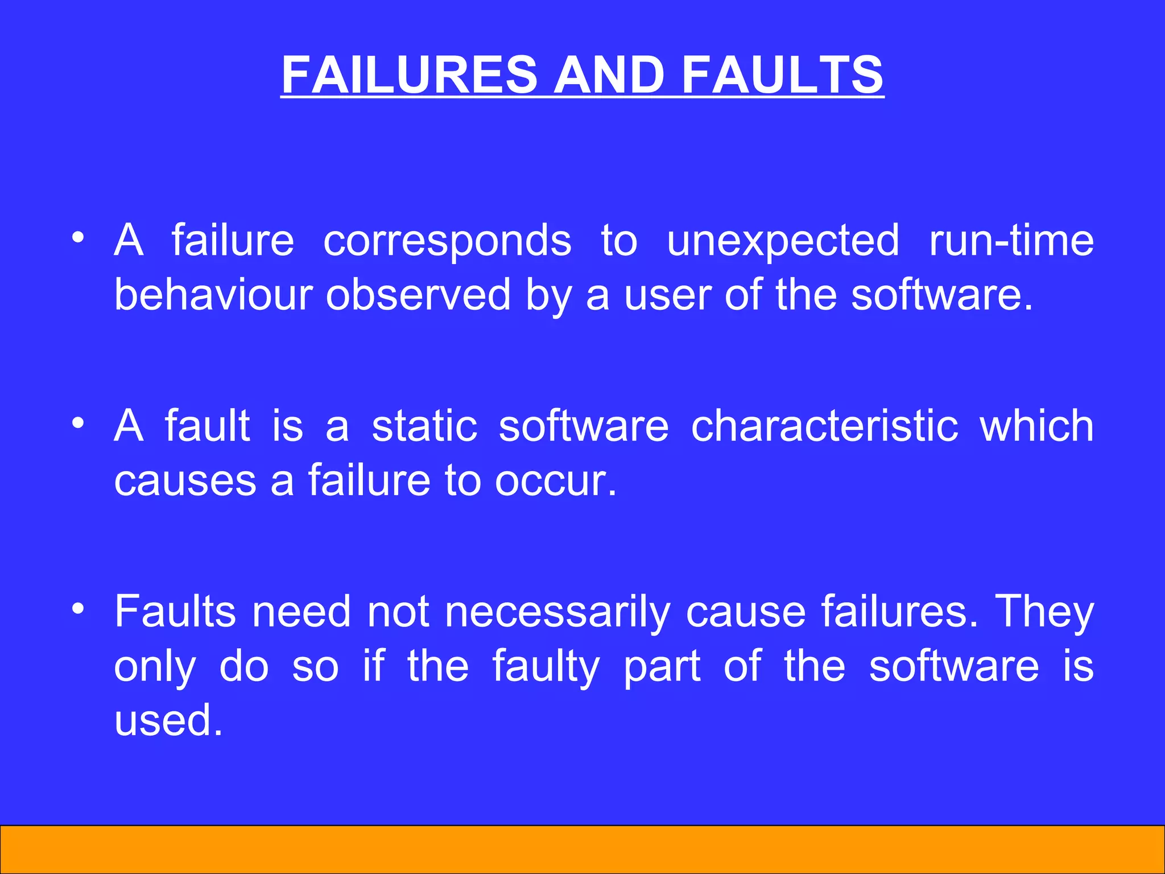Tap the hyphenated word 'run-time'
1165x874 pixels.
(x=1011, y=241)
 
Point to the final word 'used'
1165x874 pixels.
(x=168, y=720)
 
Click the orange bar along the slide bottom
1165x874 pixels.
(x=582, y=849)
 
